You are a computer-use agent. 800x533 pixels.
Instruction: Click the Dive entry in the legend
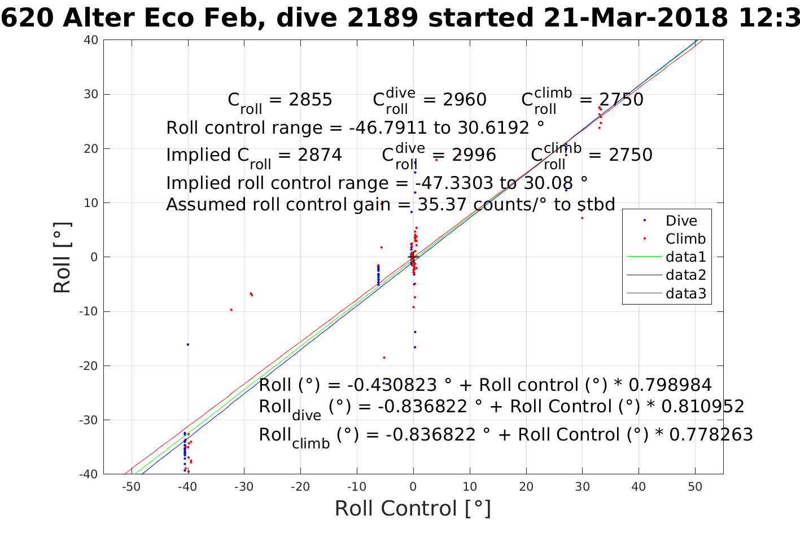(x=681, y=221)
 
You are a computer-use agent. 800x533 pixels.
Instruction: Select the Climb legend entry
(x=685, y=239)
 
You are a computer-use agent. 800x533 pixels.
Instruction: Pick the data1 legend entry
(x=685, y=257)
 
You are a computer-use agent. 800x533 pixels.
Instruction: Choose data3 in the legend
(x=685, y=293)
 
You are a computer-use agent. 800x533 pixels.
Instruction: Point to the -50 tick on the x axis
(x=130, y=487)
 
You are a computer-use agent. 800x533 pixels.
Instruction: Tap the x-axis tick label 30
(x=582, y=487)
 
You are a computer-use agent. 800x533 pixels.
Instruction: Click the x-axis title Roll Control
(x=413, y=508)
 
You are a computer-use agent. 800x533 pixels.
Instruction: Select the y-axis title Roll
(x=62, y=258)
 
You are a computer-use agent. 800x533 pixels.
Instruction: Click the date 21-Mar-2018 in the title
(x=635, y=19)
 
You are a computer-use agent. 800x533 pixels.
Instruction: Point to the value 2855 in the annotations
(x=311, y=100)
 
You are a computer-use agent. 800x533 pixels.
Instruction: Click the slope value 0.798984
(x=670, y=385)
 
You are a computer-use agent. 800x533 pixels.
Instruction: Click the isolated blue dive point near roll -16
(x=188, y=344)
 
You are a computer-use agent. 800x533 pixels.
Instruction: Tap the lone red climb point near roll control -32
(x=231, y=310)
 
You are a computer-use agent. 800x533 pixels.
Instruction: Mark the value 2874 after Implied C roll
(x=320, y=155)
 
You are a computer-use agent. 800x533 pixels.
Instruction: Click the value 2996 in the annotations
(x=474, y=155)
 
